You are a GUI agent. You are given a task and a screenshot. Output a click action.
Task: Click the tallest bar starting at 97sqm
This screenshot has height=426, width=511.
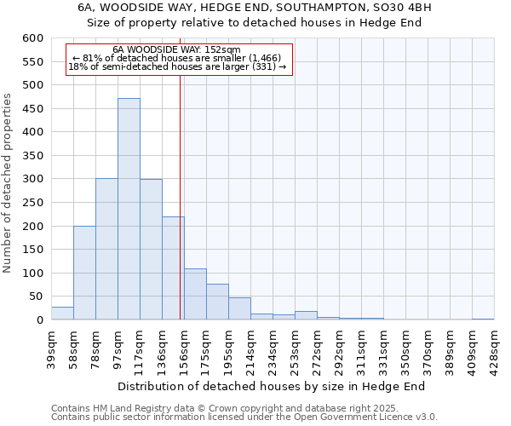[129, 209]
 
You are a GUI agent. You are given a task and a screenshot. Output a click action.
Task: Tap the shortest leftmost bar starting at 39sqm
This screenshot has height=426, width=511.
[62, 313]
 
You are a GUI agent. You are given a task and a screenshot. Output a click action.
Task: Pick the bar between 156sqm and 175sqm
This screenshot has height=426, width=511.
[195, 294]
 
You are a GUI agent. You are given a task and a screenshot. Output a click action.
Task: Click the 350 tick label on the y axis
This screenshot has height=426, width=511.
[32, 156]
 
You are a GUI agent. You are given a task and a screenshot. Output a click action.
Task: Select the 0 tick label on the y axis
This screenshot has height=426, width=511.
[38, 320]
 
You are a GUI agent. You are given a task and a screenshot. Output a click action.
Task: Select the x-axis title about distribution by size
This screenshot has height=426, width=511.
[271, 386]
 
